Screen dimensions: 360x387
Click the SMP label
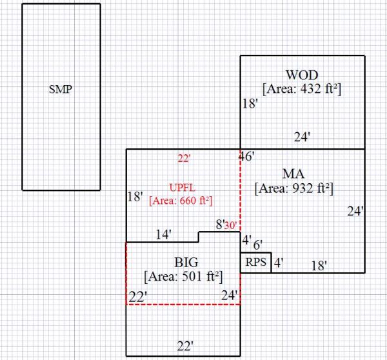point(61,90)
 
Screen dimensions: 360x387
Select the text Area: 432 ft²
point(301,88)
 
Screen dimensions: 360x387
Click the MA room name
point(293,174)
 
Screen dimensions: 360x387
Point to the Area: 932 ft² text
point(293,188)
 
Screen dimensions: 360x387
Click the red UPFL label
point(181,187)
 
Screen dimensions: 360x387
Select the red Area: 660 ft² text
point(181,200)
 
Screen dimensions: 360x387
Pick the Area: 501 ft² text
point(183,277)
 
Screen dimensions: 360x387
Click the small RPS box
point(255,263)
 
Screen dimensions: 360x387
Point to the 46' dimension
point(246,156)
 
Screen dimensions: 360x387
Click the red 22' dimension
point(185,157)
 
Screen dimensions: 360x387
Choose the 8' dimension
point(219,225)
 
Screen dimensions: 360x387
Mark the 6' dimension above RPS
point(257,245)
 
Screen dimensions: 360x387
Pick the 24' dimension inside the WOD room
point(303,137)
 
